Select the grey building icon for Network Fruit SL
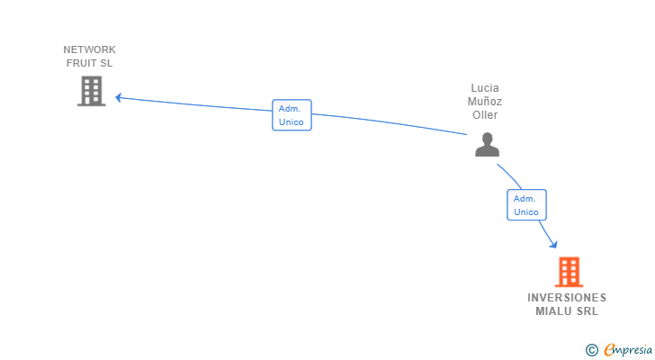pos(91,91)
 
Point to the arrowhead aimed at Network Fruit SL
pos(118,97)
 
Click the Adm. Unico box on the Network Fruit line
pos(292,115)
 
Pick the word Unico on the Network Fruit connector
pos(292,122)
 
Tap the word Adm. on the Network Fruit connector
pos(290,108)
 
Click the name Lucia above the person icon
pos(484,88)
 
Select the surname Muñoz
pos(485,102)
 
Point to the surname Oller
pos(485,115)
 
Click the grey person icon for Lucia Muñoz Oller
pos(487,145)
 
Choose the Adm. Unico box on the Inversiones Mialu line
pos(526,205)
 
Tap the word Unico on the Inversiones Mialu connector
pos(526,212)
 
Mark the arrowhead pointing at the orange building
pos(554,243)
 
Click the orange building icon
pos(569,271)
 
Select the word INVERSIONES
pos(567,298)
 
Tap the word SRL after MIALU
pos(588,311)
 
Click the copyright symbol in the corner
pos(592,350)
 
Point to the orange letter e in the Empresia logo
pos(610,350)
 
